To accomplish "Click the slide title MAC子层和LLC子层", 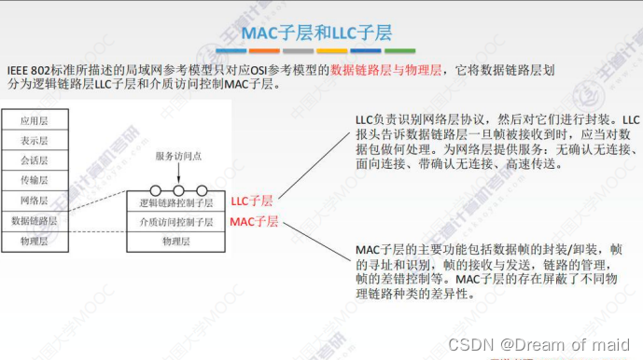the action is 320,35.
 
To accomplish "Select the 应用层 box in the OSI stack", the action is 34,120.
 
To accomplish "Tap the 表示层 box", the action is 34,140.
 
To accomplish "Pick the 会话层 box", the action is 34,159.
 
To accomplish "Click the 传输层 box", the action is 34,180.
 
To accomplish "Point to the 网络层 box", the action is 34,201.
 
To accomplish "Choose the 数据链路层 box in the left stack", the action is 34,221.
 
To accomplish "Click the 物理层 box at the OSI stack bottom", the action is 34,242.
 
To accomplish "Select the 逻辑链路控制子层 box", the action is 176,201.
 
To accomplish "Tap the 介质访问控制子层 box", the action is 176,222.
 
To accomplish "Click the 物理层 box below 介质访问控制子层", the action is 176,242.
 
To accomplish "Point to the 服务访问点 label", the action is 177,156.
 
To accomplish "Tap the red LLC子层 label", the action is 252,201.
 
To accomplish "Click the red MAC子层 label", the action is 254,222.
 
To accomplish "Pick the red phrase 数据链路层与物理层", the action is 384,69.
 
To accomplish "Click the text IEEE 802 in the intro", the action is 29,69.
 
